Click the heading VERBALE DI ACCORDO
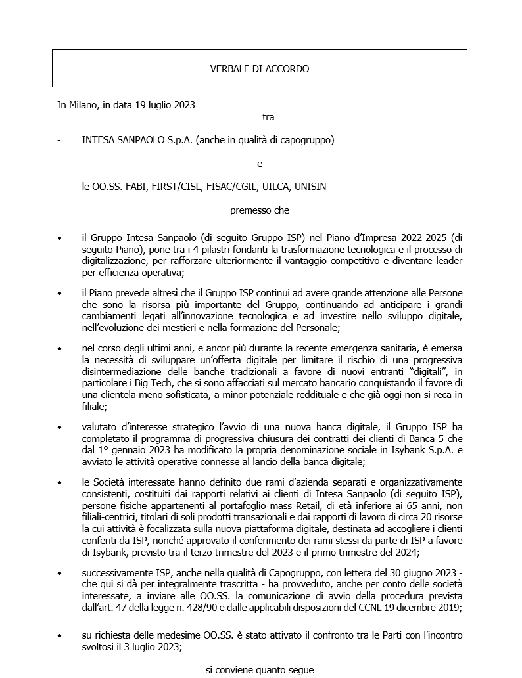click(259, 68)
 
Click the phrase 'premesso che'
click(260, 210)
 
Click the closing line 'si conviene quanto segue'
click(260, 670)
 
